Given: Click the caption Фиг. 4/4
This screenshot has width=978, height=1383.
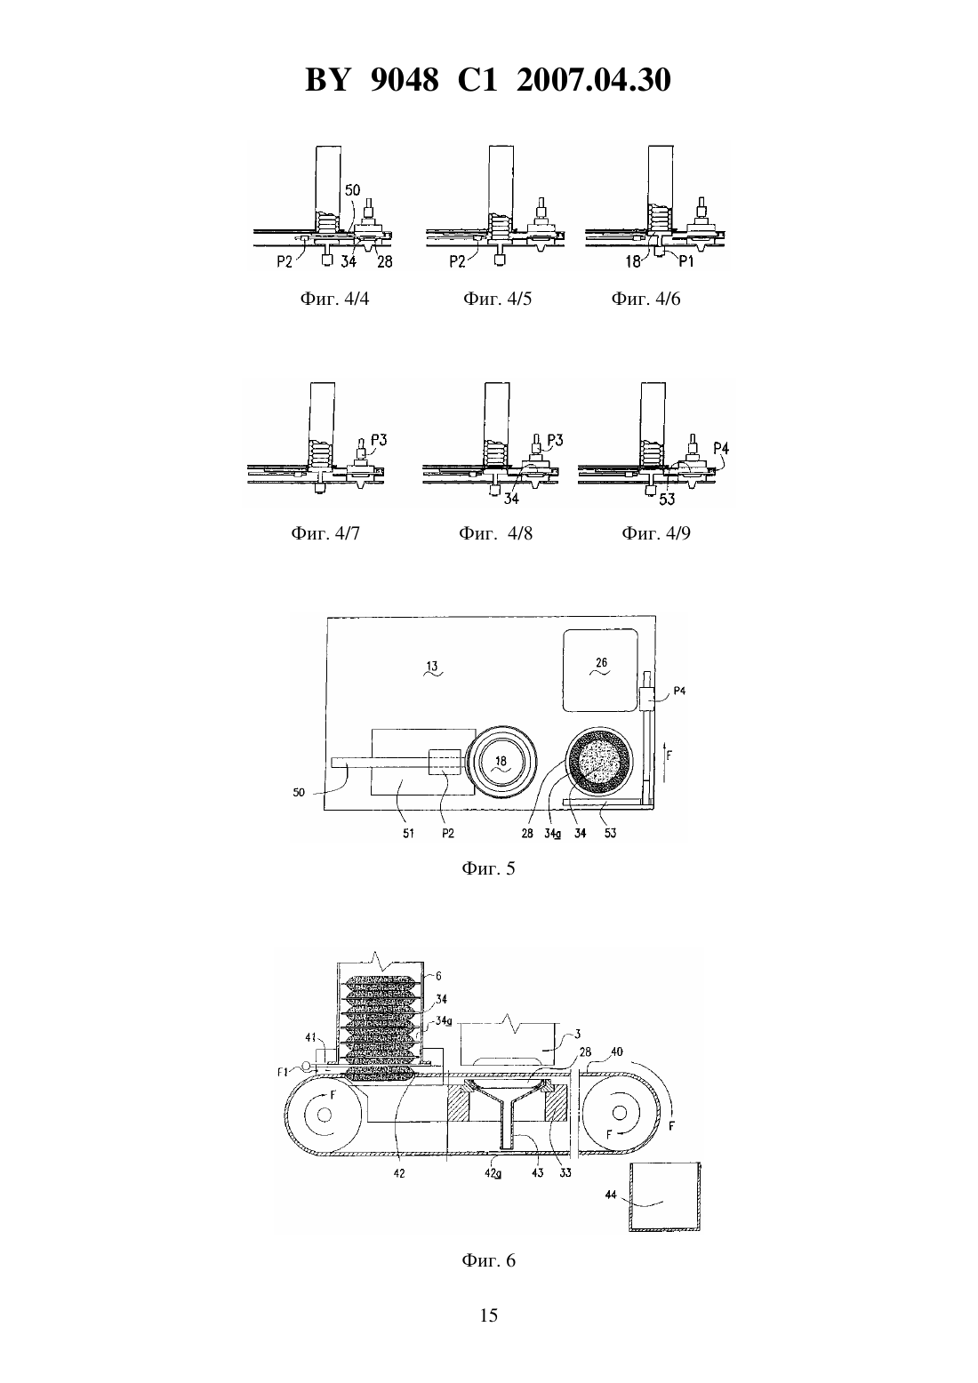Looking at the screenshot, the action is pos(334,299).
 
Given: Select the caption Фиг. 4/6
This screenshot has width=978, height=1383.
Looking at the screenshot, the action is pos(645,299).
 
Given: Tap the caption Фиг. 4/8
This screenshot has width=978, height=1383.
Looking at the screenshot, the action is pos(495,532).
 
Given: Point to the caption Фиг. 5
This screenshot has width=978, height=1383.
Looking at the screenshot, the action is pos(488,868).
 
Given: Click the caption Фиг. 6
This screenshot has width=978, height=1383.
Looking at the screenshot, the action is pos(488,1259).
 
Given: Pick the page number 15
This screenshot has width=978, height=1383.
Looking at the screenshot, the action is pos(488,1315).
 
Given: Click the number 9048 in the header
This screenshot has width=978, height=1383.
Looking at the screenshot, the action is pos(405,80).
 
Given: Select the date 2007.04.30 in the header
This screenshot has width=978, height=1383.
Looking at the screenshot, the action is pos(593,80).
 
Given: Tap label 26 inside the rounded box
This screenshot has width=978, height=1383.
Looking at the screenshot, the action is pos(601,662).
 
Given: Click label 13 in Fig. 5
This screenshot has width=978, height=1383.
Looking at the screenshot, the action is pos(432,667).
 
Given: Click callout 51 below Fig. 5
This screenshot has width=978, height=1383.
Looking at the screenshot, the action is pos(408,833).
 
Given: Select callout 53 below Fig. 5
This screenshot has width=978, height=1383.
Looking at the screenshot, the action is pos(610,833).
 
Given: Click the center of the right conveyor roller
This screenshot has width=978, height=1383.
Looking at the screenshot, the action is pos(618,1112).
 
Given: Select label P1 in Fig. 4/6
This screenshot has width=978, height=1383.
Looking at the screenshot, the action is pos(686,262).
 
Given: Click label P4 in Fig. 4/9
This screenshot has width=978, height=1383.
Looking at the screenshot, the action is pos(720,448).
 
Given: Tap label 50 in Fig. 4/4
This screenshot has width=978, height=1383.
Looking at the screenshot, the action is pos(352,190).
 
